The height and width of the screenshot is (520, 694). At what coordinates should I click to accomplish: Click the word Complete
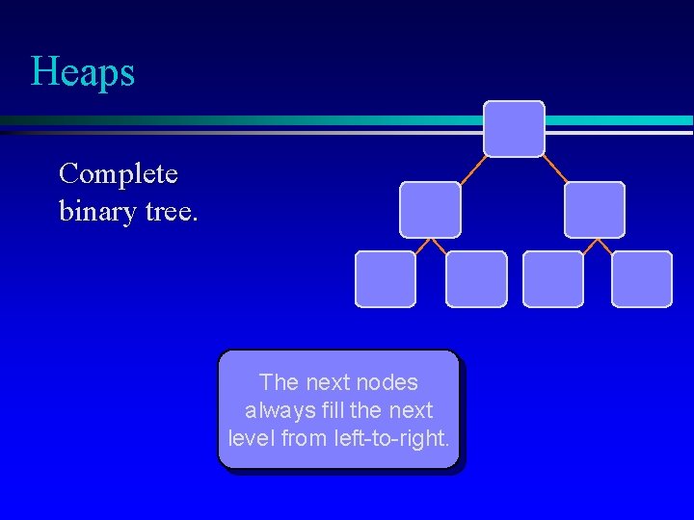click(x=118, y=174)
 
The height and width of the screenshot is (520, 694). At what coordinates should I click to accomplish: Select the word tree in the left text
click(x=170, y=209)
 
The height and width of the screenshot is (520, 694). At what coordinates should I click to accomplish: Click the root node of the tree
click(x=514, y=129)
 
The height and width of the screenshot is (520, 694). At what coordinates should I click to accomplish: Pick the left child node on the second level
click(x=430, y=210)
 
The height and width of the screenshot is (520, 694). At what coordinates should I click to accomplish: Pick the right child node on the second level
click(x=594, y=210)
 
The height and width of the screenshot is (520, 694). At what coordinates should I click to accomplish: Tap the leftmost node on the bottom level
click(x=386, y=279)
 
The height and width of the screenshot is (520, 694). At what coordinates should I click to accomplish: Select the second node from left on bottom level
click(x=476, y=279)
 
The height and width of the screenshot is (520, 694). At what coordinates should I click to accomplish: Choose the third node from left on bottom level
click(x=553, y=279)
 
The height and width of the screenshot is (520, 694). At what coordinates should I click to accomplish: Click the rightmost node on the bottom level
click(x=642, y=279)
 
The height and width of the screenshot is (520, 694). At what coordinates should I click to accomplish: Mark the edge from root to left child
click(x=471, y=169)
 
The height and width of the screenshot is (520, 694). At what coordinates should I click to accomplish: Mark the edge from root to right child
click(x=555, y=169)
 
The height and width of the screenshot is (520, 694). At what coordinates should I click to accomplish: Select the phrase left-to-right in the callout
click(x=389, y=438)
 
